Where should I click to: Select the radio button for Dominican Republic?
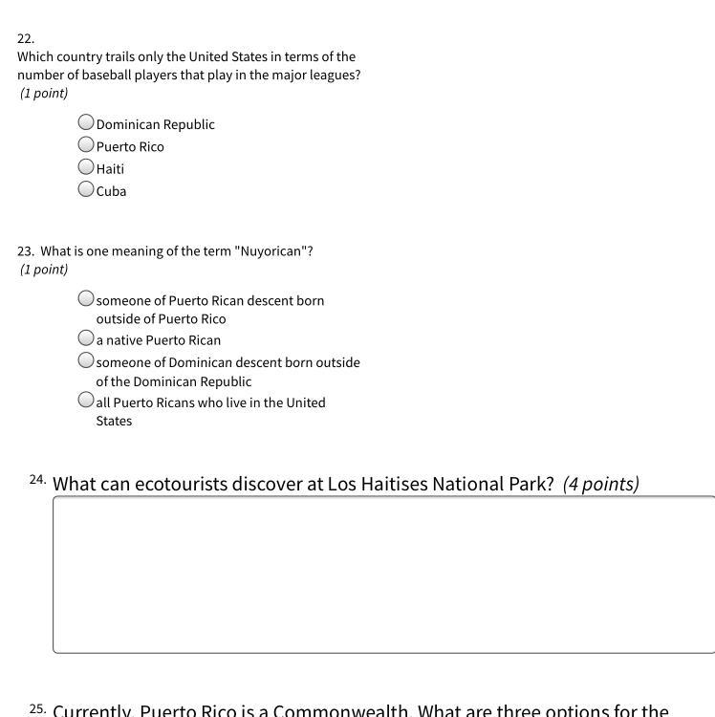(x=86, y=122)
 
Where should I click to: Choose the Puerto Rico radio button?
(x=86, y=144)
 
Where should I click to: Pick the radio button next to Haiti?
(x=86, y=166)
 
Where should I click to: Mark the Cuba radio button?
(x=86, y=188)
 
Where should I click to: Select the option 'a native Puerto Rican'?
(x=86, y=338)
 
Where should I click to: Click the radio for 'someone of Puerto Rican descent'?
(x=86, y=298)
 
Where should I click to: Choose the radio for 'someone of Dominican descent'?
(x=86, y=360)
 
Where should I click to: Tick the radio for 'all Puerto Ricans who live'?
(x=86, y=401)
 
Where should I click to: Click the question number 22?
(x=25, y=39)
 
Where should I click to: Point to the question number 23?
(x=25, y=251)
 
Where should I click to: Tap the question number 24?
(x=37, y=479)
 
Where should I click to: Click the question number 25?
(x=37, y=708)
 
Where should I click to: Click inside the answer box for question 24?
(x=382, y=574)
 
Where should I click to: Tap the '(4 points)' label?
(x=600, y=484)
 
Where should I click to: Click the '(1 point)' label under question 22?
(x=44, y=94)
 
